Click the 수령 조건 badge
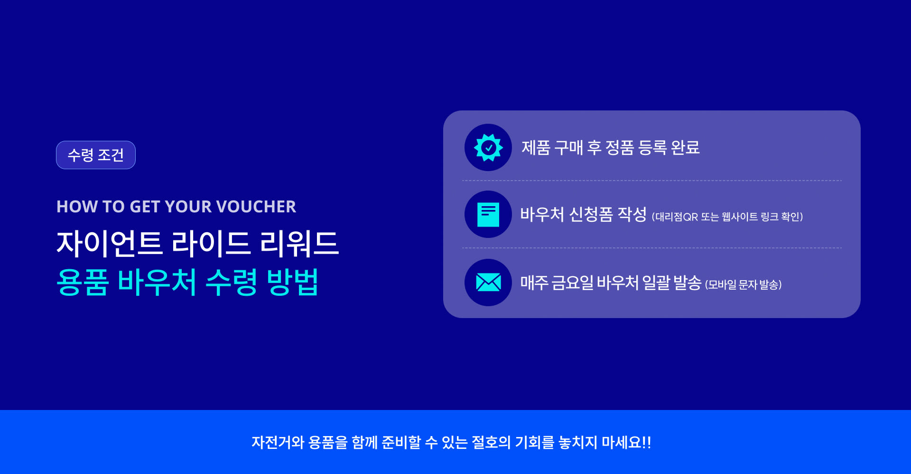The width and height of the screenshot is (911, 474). tap(96, 155)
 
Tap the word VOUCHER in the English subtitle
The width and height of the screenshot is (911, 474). tap(256, 207)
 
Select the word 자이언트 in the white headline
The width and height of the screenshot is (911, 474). tap(110, 244)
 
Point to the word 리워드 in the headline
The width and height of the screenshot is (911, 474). tap(299, 244)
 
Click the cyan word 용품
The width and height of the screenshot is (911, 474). tap(83, 282)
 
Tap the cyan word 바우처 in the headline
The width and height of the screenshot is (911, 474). tap(157, 282)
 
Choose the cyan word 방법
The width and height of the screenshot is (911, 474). tap(292, 282)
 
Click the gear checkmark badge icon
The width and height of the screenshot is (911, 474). tap(488, 147)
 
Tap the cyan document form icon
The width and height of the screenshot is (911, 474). tap(488, 214)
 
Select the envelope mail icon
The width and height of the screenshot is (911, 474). tap(488, 283)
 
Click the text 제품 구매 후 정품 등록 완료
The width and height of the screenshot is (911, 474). tap(611, 147)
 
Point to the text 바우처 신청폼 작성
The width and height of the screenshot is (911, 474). tap(584, 214)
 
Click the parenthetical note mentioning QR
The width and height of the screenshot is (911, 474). tap(727, 217)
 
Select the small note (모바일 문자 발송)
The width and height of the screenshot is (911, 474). tap(744, 284)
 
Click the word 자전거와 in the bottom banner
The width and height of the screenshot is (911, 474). tap(278, 442)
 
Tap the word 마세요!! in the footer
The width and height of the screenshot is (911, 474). tap(626, 442)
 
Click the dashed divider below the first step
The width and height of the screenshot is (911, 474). tap(652, 181)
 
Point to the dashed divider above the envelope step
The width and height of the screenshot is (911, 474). tap(652, 248)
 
